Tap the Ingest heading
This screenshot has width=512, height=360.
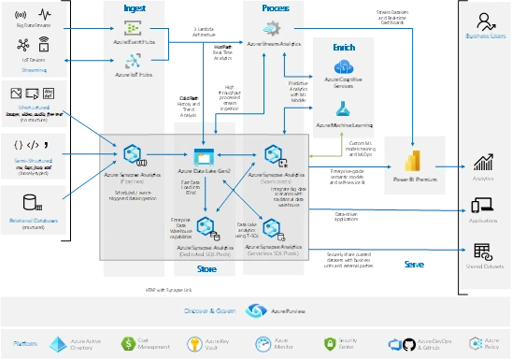135,7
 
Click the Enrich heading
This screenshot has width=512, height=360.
343,47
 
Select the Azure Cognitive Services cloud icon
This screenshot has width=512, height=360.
343,66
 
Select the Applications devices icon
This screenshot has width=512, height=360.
483,206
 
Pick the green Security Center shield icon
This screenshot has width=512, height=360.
329,344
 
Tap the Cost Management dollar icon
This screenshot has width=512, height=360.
133,344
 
